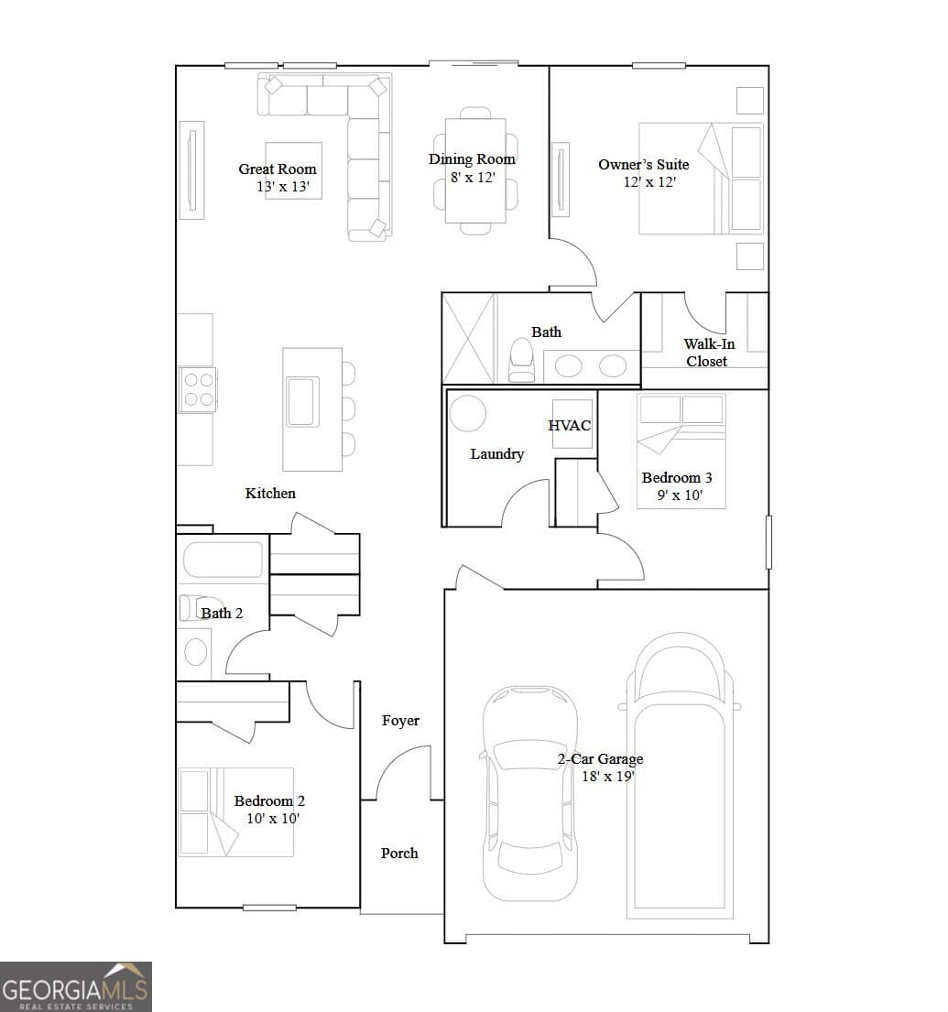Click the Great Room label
click(277, 169)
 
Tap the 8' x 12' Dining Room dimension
click(472, 178)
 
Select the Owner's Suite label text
click(643, 164)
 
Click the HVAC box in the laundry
click(570, 425)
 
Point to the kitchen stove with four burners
click(198, 389)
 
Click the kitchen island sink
click(302, 402)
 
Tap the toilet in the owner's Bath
click(521, 361)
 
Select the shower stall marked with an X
click(468, 338)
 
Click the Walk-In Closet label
click(705, 353)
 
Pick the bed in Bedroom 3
click(681, 451)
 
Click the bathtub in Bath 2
click(223, 560)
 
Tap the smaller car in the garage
click(530, 792)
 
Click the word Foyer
click(400, 721)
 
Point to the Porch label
click(399, 853)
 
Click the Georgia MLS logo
click(76, 986)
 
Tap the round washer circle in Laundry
click(467, 413)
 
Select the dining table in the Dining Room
click(475, 170)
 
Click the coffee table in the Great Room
click(294, 170)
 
